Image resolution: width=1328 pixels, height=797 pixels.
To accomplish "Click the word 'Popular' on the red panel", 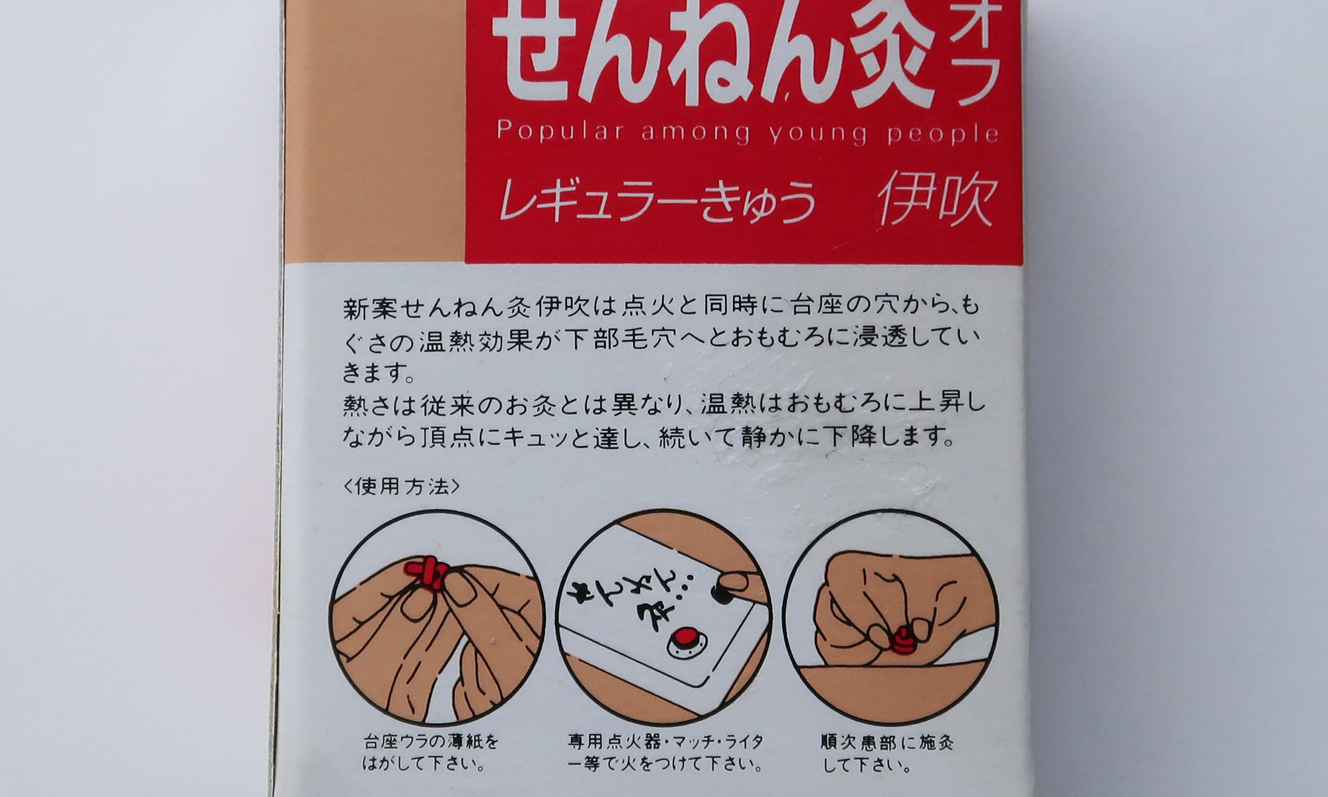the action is (x=559, y=132).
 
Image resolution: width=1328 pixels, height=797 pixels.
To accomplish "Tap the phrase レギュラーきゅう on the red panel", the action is (x=657, y=202).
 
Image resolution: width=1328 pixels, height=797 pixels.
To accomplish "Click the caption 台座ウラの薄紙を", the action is (x=431, y=741).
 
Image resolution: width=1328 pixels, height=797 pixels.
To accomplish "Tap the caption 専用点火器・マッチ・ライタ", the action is (x=665, y=741).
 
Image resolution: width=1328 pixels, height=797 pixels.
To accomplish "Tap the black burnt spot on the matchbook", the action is (x=718, y=593).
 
